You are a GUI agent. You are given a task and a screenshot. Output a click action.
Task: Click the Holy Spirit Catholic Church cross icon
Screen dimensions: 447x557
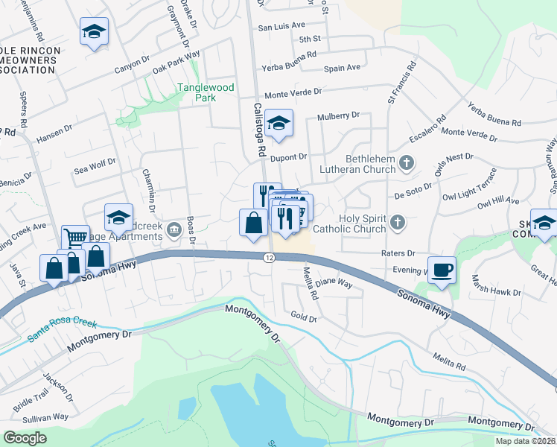point(398,221)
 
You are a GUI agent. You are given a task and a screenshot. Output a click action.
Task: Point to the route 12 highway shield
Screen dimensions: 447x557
point(269,257)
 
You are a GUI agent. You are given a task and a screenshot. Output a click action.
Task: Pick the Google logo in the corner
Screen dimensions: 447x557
point(25,438)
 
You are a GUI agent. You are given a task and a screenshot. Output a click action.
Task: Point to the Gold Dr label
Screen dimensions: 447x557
point(304,317)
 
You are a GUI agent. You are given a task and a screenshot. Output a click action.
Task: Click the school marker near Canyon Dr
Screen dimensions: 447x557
point(94,32)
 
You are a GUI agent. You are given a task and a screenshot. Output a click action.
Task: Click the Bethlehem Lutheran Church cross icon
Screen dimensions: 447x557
point(407,162)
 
